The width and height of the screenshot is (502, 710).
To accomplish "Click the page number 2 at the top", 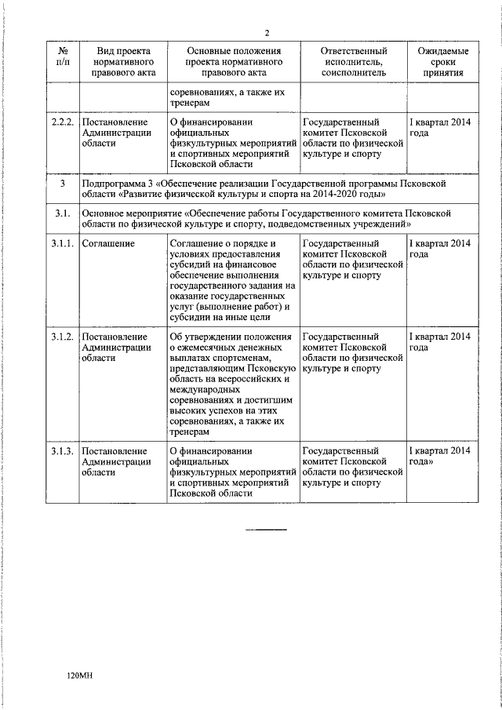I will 267,32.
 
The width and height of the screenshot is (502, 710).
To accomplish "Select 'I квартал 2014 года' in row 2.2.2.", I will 440,128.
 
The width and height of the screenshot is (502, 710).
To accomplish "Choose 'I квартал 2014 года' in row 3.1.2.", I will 440,342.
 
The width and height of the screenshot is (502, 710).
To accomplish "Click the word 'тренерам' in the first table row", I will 189,104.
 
